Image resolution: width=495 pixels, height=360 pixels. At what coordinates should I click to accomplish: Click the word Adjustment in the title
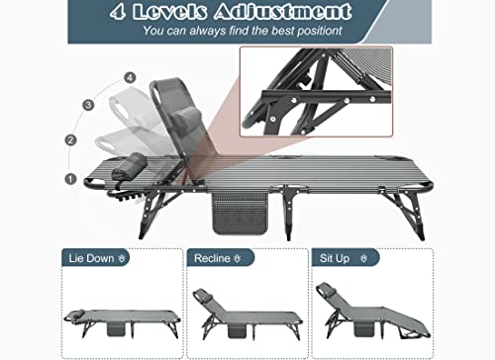click(x=288, y=12)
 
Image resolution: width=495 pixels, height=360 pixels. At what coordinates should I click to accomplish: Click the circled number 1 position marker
click(x=69, y=179)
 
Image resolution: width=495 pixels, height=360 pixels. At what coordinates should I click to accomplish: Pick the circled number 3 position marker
click(x=89, y=104)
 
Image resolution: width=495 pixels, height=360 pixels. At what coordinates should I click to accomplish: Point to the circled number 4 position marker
click(x=129, y=77)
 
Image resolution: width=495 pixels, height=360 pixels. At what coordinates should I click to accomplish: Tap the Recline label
click(x=217, y=259)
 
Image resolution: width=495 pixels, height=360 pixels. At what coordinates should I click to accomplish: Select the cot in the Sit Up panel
click(x=371, y=312)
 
